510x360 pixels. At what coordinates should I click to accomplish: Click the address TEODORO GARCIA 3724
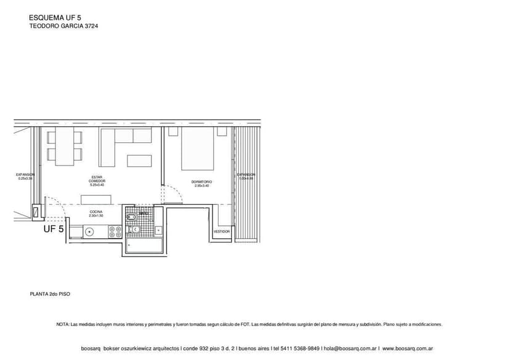(x=64, y=27)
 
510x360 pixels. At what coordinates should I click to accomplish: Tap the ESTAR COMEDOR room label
(x=97, y=180)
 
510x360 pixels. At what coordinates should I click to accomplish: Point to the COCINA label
(x=96, y=214)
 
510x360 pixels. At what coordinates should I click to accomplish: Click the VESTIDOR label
(x=222, y=231)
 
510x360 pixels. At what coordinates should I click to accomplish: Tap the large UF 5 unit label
(x=54, y=229)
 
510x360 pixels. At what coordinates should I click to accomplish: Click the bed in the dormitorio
(x=197, y=149)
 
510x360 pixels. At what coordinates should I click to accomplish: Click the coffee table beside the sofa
(x=139, y=161)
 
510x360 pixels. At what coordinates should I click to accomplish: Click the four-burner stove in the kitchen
(x=115, y=232)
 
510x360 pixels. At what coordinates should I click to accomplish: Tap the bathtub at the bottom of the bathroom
(x=145, y=246)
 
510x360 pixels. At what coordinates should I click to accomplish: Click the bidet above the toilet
(x=131, y=217)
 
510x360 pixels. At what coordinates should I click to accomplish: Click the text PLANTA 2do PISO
(x=50, y=294)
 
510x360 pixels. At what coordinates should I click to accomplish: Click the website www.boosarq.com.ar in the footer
(x=407, y=348)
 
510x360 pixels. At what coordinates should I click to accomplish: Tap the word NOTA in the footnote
(x=62, y=324)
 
